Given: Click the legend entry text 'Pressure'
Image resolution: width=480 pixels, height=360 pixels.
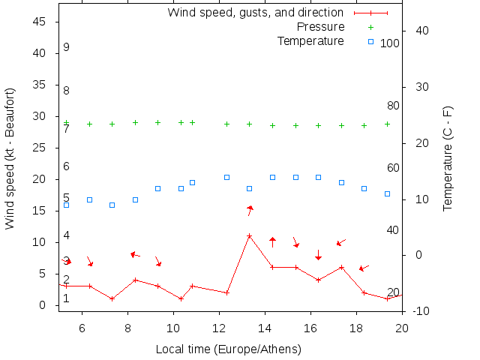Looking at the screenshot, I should coord(320,27).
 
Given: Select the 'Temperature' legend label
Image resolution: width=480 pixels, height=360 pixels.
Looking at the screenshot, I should coord(310,40).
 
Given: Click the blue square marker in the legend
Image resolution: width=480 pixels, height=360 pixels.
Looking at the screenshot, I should coord(370,41).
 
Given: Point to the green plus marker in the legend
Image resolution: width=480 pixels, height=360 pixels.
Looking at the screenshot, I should coord(370,27).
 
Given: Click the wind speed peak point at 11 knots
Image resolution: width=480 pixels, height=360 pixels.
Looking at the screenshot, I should coord(250,235).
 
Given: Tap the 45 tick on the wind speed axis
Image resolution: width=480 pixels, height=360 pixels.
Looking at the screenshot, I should coord(40,22).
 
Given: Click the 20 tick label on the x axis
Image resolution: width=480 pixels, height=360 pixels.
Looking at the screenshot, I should coord(402,327).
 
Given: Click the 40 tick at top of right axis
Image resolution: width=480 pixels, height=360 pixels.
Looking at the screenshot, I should coord(421,31).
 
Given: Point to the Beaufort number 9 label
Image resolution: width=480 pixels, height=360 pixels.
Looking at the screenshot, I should coord(66,47).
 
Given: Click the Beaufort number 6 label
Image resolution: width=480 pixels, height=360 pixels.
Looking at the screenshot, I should coord(66,166).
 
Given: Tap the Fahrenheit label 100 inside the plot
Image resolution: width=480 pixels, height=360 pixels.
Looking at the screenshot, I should coord(390,43).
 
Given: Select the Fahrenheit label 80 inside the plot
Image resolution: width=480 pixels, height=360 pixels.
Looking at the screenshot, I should coord(393,106).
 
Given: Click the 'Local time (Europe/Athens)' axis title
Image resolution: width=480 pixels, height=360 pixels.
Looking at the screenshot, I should coord(228,349).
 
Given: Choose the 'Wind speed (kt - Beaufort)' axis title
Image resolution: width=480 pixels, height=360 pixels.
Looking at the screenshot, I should coord(10,157).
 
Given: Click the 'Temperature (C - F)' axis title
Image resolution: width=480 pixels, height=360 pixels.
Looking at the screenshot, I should coord(448,157).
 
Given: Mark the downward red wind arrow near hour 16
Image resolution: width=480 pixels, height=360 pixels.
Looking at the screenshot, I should coord(318,255).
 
